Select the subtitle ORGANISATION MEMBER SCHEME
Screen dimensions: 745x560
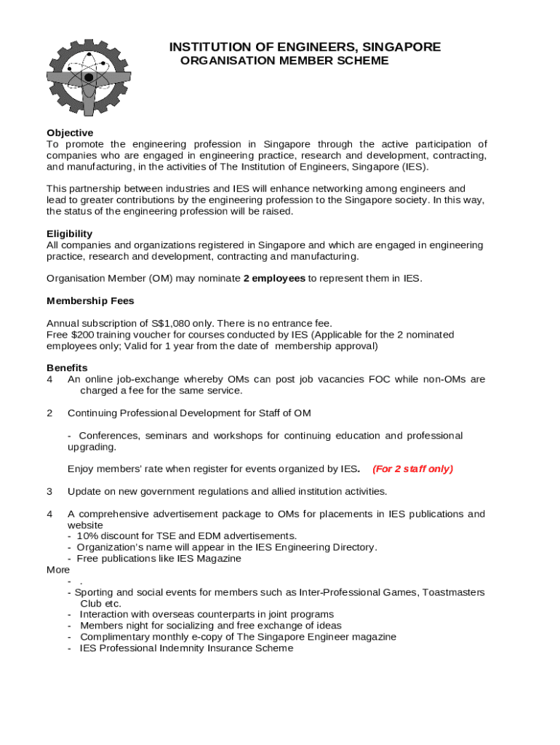[284, 61]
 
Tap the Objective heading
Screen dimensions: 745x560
[70, 132]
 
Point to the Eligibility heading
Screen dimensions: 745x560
[69, 234]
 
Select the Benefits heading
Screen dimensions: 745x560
[67, 367]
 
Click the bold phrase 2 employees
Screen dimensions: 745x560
[274, 279]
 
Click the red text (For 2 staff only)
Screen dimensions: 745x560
[412, 469]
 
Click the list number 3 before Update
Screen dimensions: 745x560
[49, 491]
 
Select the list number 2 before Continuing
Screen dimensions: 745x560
[49, 413]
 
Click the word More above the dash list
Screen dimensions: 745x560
[58, 570]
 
